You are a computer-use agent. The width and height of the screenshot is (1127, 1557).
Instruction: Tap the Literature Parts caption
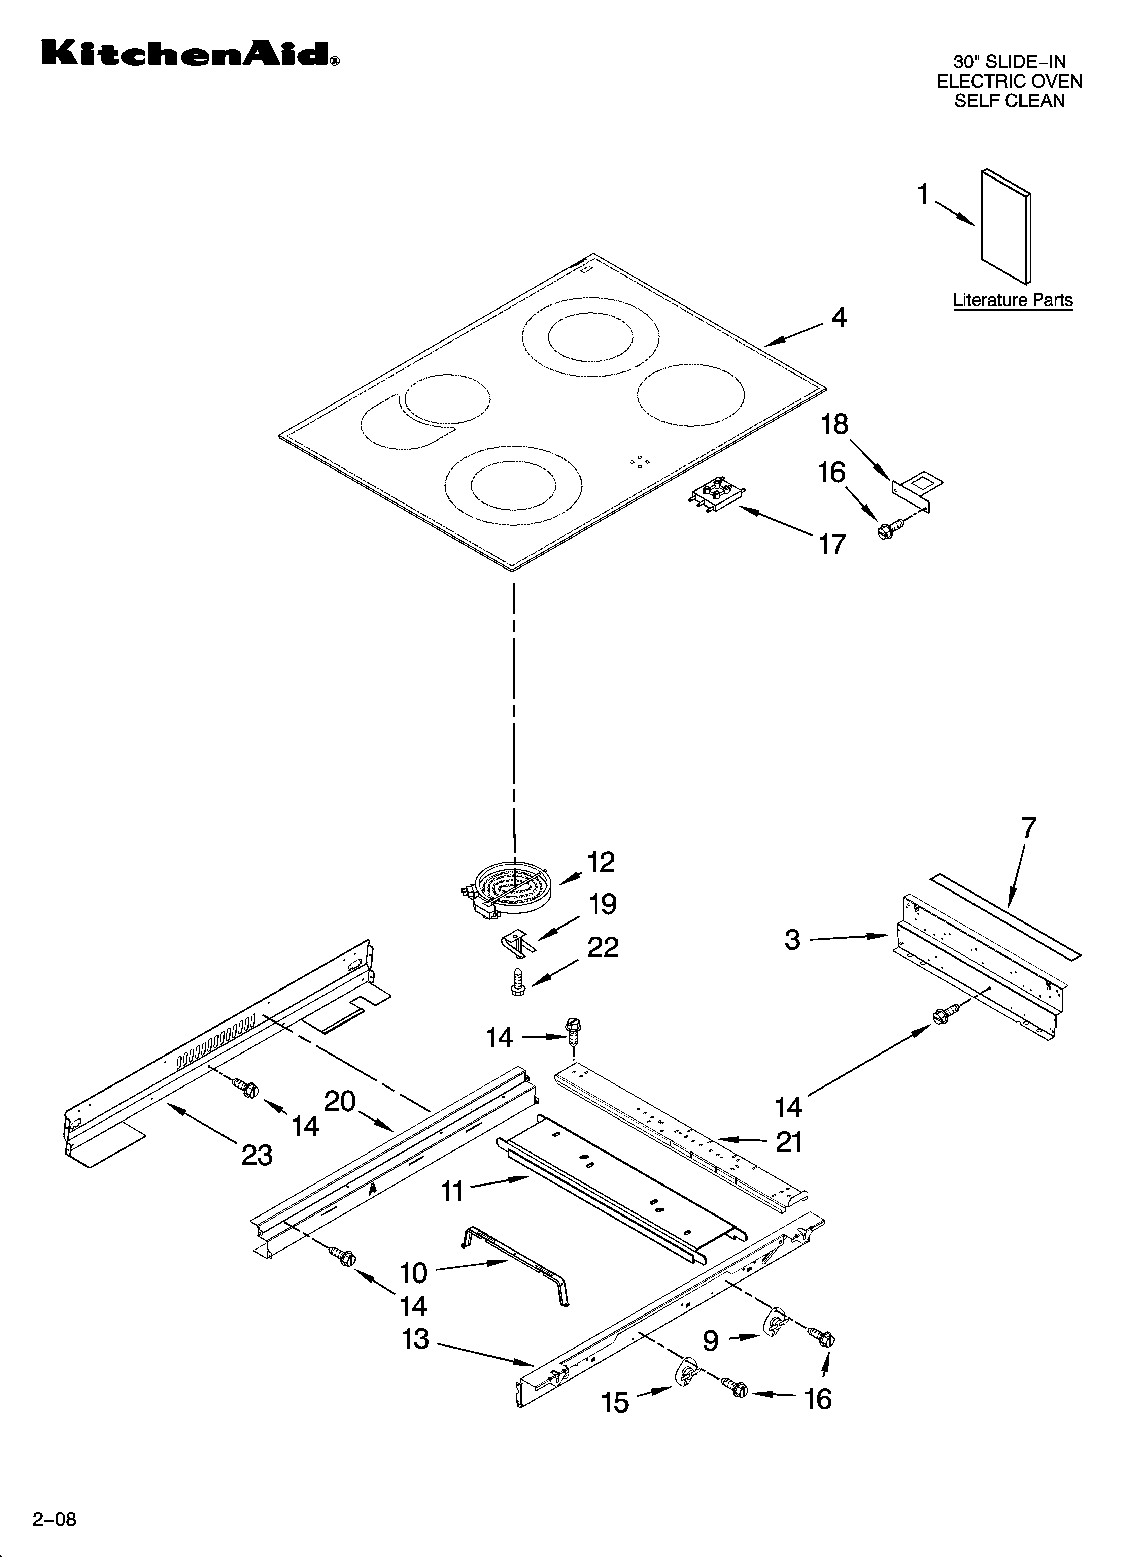pyautogui.click(x=1012, y=300)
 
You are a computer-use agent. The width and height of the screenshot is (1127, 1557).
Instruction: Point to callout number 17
pyautogui.click(x=832, y=544)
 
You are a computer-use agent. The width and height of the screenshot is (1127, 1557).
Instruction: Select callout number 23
pyautogui.click(x=257, y=1156)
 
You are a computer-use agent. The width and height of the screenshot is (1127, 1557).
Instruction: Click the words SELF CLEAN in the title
pyautogui.click(x=1010, y=101)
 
